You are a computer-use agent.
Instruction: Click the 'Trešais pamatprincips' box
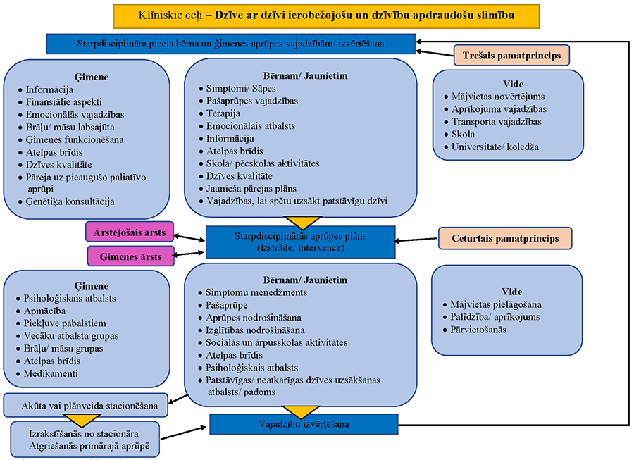(x=511, y=54)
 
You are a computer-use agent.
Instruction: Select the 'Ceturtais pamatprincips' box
(x=505, y=239)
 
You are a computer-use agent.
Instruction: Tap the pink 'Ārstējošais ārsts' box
(x=130, y=232)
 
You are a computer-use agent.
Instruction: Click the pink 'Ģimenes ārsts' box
(x=130, y=256)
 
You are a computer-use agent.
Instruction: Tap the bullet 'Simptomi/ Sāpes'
(x=231, y=89)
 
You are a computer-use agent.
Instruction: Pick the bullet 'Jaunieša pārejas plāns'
(x=247, y=188)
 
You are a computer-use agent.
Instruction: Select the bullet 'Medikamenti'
(x=51, y=373)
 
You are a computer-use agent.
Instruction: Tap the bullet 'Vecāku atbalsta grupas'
(x=71, y=335)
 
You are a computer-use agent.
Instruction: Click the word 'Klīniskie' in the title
(x=142, y=14)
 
